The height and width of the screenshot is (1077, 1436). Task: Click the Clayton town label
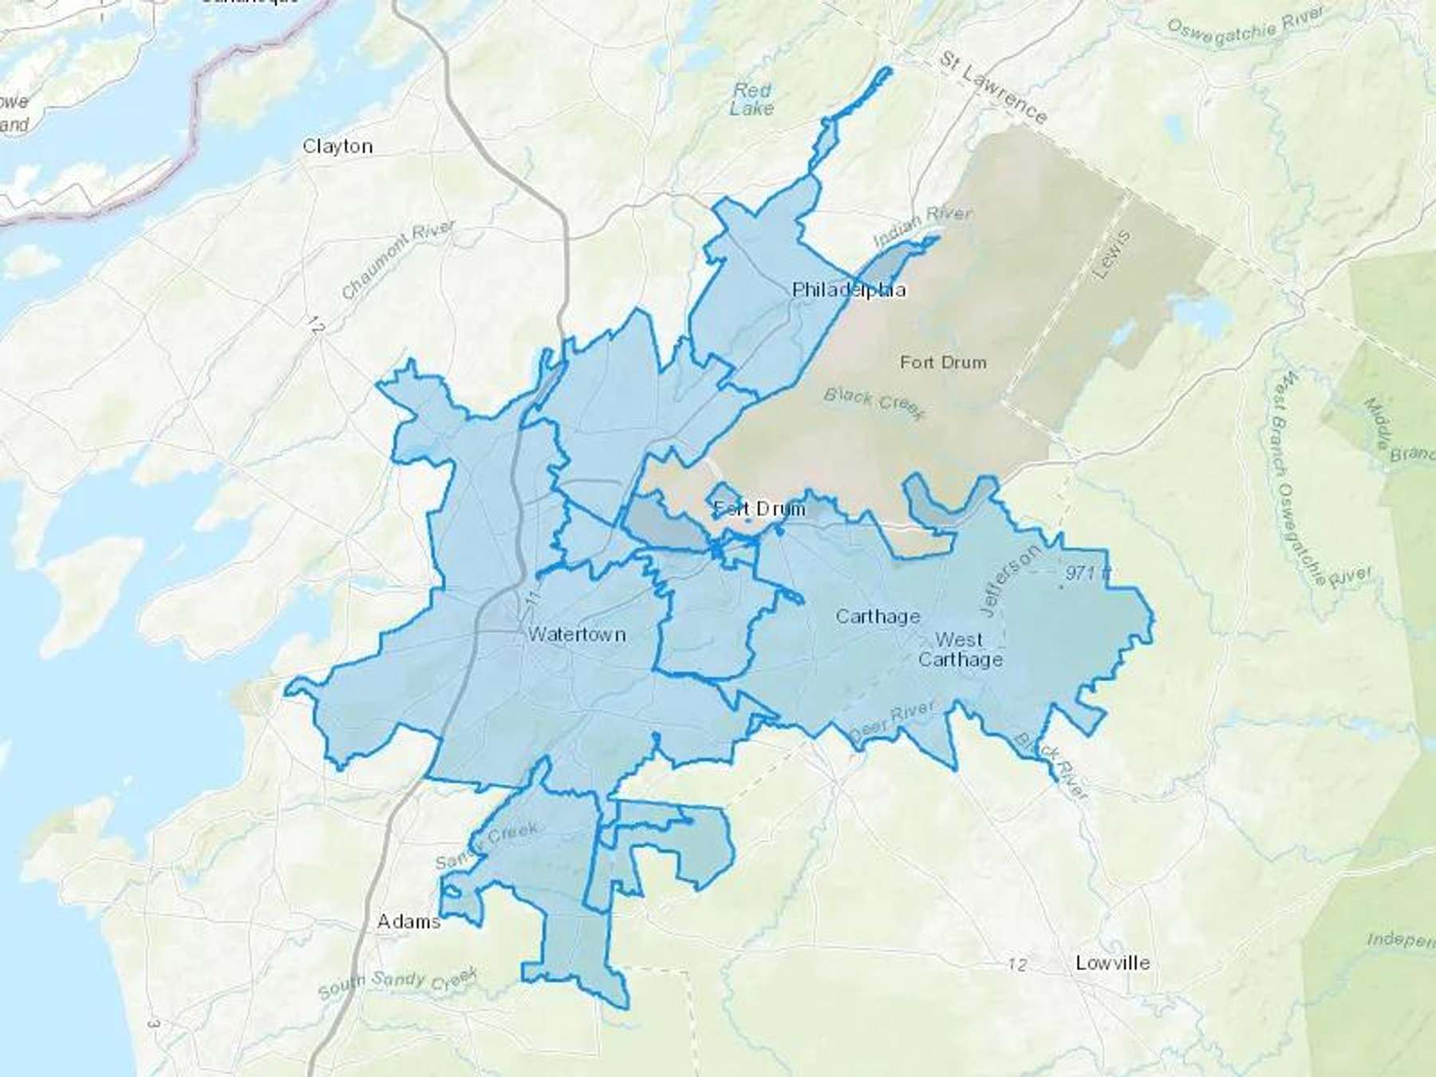(337, 146)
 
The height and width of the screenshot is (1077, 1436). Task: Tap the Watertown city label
(577, 634)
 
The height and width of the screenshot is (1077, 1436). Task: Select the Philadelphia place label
(849, 290)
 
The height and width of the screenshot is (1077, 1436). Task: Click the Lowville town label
(1112, 963)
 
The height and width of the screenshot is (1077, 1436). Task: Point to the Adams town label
(408, 921)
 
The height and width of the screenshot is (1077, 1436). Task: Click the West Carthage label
(961, 649)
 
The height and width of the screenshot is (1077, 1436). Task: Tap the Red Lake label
(752, 100)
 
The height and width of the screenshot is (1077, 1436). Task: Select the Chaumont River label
(398, 259)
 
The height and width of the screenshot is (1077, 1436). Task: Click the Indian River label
(922, 226)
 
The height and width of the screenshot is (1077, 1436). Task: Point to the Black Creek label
(874, 402)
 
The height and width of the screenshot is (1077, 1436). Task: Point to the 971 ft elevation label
(1087, 573)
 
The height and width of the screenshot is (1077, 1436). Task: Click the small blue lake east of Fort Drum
(1205, 317)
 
